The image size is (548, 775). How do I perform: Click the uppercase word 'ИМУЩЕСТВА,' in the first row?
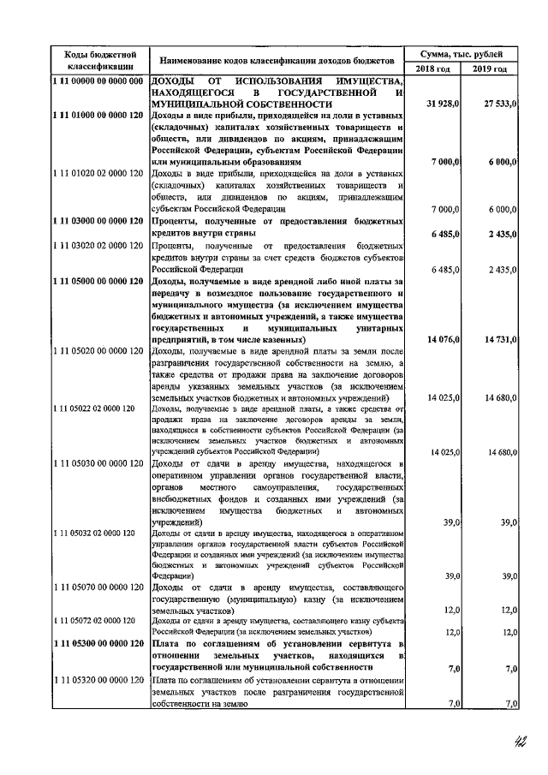click(x=369, y=81)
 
